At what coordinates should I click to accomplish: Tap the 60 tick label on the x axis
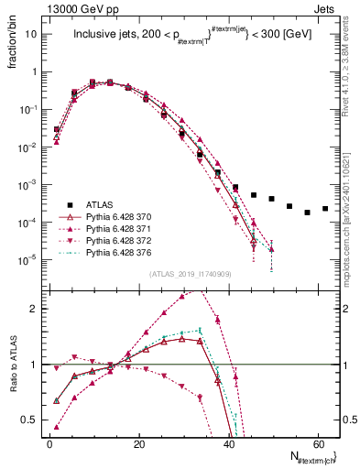317,442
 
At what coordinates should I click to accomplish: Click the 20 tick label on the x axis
138,442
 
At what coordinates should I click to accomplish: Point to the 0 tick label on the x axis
49,442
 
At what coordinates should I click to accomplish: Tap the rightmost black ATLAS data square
325,208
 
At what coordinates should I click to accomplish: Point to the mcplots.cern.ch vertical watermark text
353,211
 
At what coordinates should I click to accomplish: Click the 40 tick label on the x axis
228,442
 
